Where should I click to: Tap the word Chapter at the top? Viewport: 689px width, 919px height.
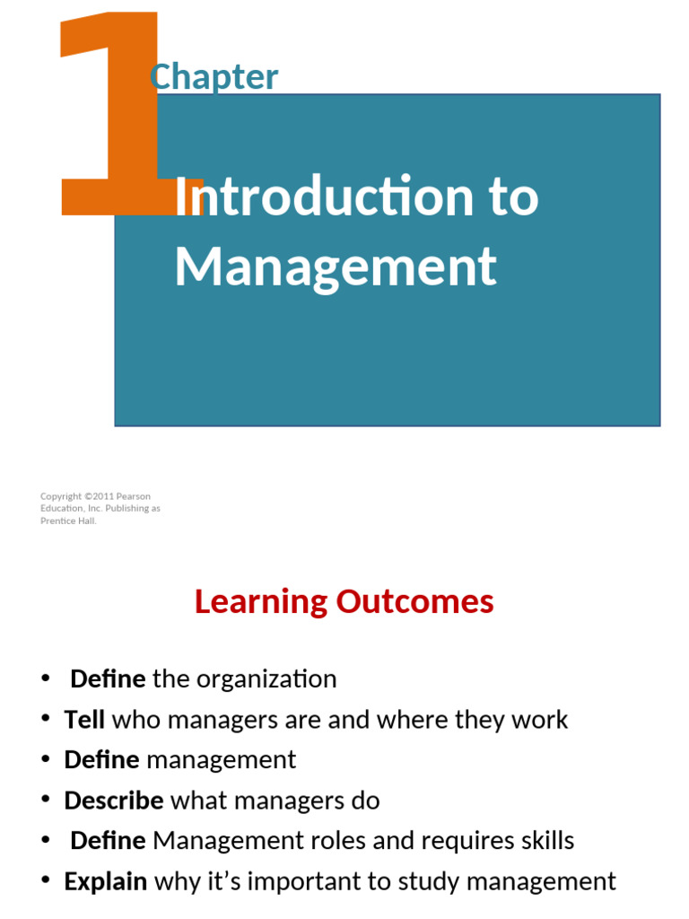(x=214, y=77)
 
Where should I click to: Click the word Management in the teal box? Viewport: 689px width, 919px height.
(x=335, y=266)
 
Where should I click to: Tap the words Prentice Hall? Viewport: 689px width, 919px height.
(x=68, y=521)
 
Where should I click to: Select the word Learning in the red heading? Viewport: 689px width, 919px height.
(x=261, y=601)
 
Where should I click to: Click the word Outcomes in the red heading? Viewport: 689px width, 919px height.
(x=414, y=601)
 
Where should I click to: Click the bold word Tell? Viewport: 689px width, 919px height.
(x=84, y=720)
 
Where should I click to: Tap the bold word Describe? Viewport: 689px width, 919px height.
(x=114, y=801)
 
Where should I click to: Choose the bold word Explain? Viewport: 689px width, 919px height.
(x=106, y=881)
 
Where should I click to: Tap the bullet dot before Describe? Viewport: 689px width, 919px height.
(x=46, y=801)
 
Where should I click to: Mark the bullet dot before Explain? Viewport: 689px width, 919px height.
(x=46, y=881)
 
